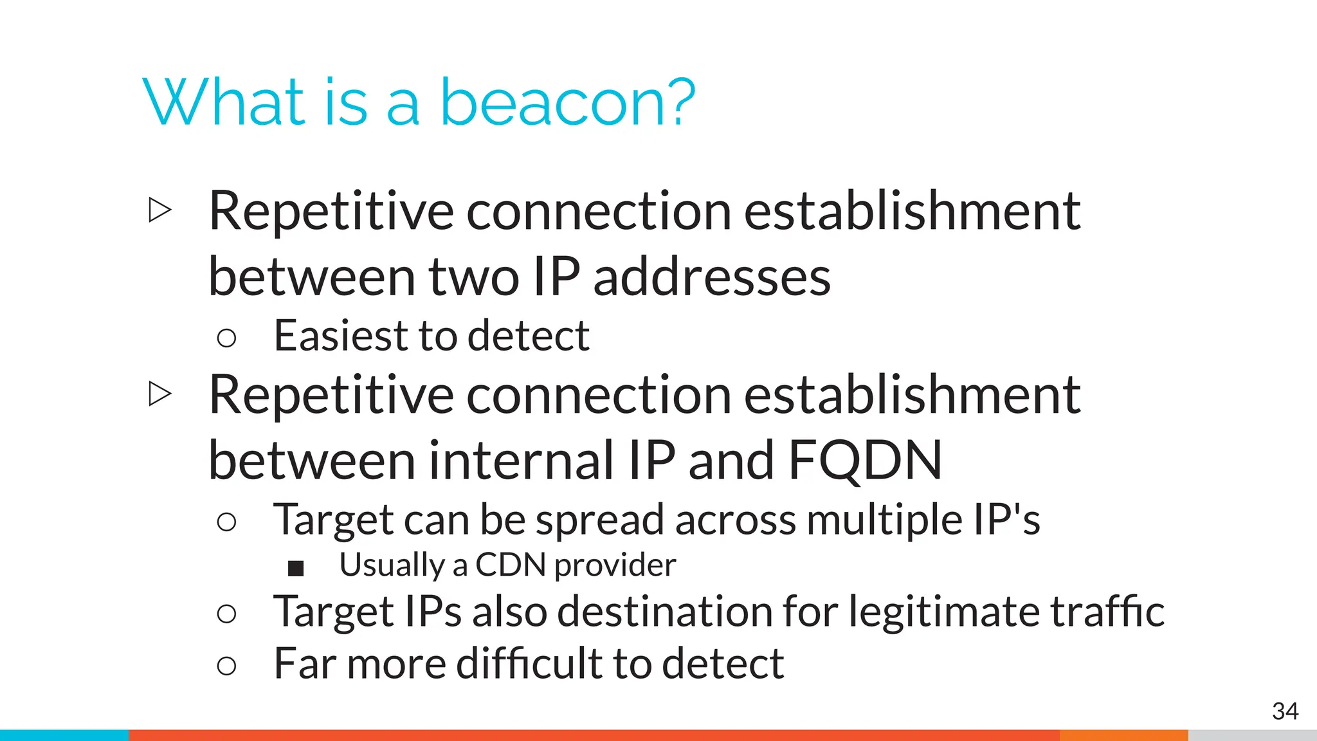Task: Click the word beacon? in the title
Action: (x=567, y=103)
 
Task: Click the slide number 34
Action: (x=1284, y=711)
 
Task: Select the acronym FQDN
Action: (x=865, y=461)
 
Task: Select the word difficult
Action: (x=529, y=664)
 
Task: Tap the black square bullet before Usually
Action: (x=296, y=568)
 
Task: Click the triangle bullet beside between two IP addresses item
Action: (x=159, y=210)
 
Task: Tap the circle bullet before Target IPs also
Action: (x=226, y=614)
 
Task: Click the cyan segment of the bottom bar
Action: (x=64, y=735)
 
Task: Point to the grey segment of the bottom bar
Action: (x=1251, y=735)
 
